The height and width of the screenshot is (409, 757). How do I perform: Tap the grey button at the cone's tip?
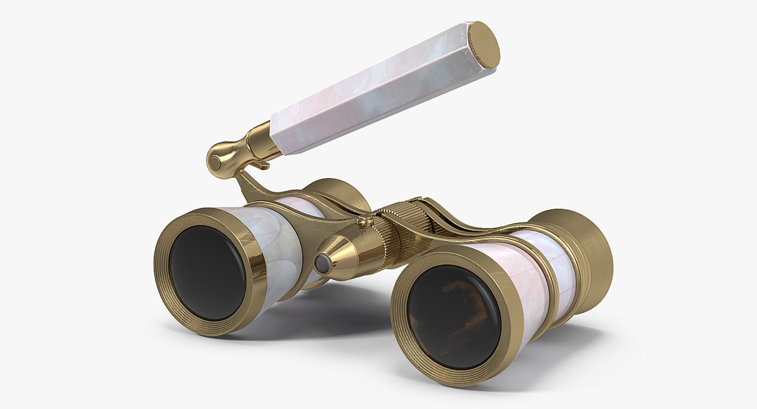coord(323,263)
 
